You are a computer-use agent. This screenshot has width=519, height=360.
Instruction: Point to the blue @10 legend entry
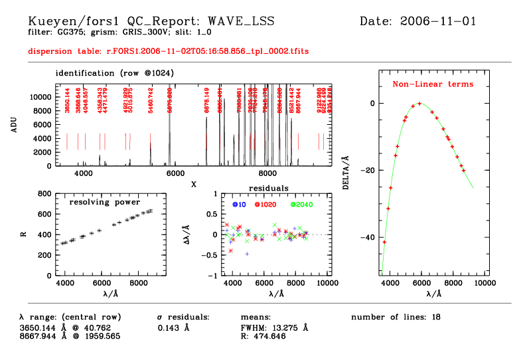[239, 204]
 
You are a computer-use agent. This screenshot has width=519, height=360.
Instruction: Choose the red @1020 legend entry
[265, 204]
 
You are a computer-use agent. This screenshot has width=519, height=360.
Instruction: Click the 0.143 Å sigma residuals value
[174, 327]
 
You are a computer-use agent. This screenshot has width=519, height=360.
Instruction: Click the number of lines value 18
[436, 317]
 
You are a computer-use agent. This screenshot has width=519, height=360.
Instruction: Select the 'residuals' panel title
[268, 189]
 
